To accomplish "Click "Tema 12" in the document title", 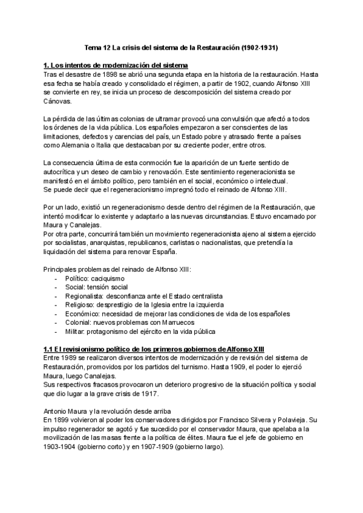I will [94, 46].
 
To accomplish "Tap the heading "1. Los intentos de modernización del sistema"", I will [116, 65].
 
